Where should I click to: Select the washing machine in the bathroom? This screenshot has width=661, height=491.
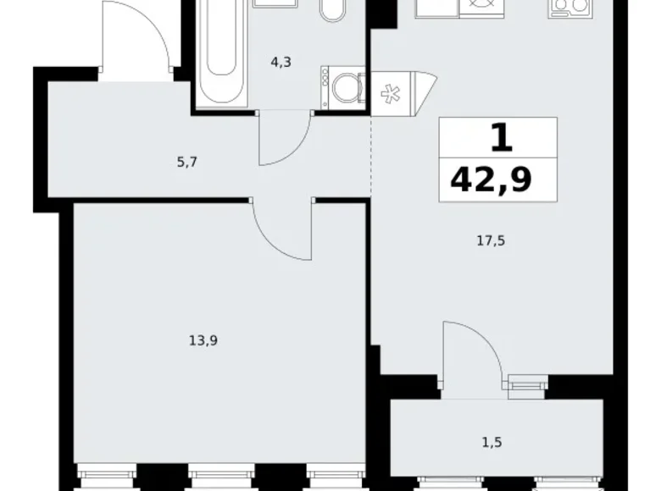[342, 86]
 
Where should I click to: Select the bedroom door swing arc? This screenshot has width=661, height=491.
[284, 230]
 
